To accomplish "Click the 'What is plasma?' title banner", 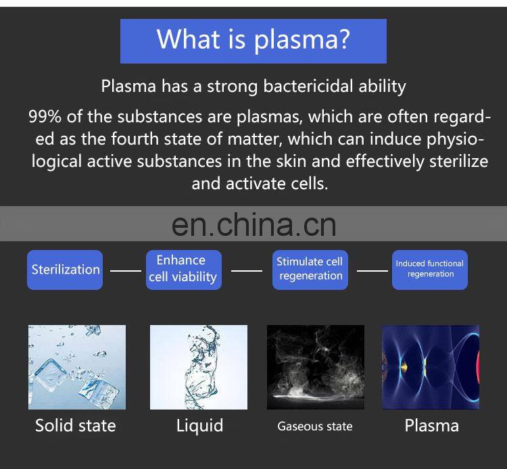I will click(x=253, y=41).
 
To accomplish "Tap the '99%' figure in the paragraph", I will click(x=45, y=117).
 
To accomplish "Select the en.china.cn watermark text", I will click(x=254, y=224).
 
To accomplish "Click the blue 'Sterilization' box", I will click(x=65, y=270).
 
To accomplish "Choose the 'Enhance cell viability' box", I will click(x=181, y=269).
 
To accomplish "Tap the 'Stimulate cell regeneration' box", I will click(x=310, y=269).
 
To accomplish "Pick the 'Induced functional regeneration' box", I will click(x=429, y=269).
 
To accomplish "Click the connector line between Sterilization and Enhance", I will click(x=125, y=270).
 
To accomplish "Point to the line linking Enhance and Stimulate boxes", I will click(x=246, y=270).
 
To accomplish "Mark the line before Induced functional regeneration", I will click(x=372, y=270).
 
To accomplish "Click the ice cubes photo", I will click(x=77, y=367).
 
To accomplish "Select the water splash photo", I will click(x=198, y=367).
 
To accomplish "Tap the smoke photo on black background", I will click(x=315, y=367).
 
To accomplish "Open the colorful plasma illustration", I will click(x=431, y=367).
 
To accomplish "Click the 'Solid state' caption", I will click(x=76, y=426).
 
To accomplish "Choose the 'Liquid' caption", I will click(x=199, y=426).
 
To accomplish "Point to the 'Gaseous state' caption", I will click(x=315, y=426).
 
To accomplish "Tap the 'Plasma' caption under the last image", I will click(x=431, y=426).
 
